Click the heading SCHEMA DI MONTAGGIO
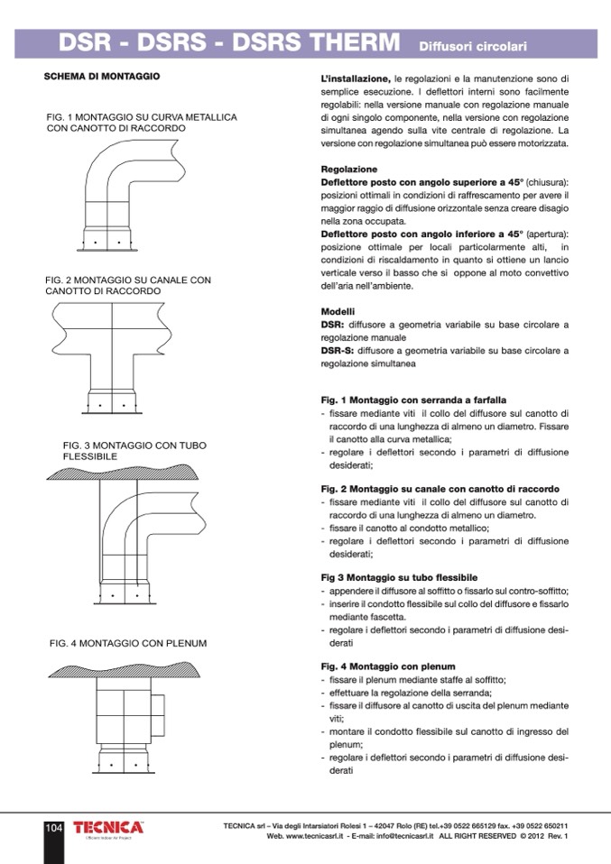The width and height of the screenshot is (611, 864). point(102,78)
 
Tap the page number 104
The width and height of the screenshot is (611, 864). point(53,828)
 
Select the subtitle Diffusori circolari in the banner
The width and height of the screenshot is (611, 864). point(472,44)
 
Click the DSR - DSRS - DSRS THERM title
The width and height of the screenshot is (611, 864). point(229,42)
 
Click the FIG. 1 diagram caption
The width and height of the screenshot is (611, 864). point(141,124)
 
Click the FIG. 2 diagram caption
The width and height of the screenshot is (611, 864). point(127,286)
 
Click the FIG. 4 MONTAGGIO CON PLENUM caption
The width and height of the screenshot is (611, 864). point(128,643)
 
